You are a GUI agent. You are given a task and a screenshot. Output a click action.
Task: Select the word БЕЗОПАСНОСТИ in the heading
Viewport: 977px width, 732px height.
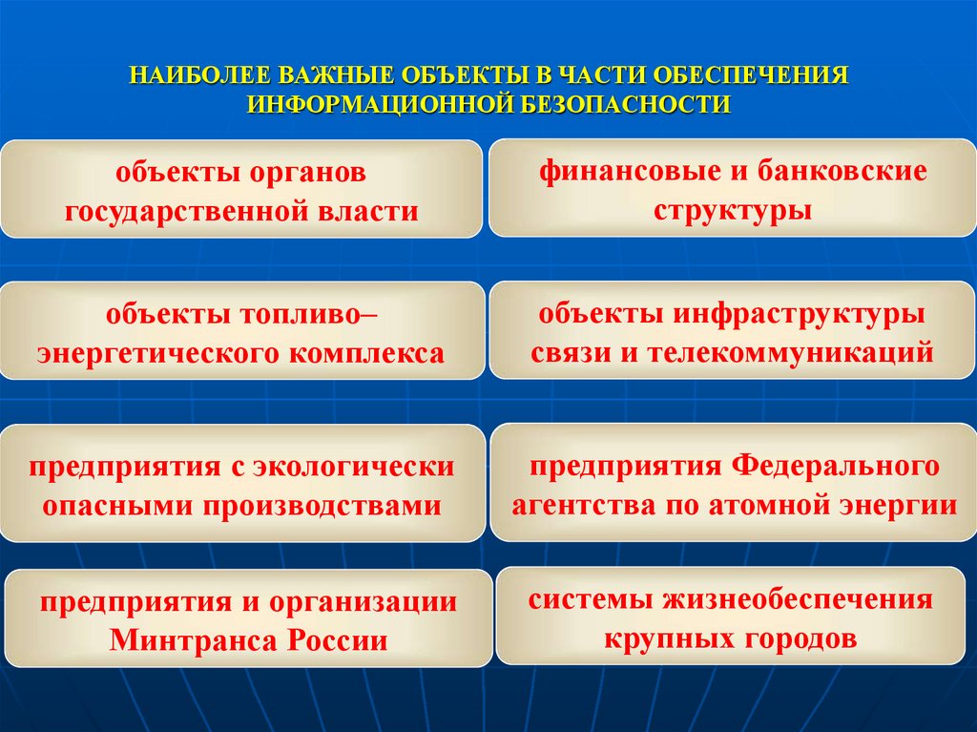click(x=624, y=103)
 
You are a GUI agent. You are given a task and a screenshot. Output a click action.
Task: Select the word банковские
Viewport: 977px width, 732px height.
click(x=843, y=173)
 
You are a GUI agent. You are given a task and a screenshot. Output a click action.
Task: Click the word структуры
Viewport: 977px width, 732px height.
click(x=733, y=209)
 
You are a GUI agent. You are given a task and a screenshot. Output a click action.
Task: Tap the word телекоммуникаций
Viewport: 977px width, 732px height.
click(x=790, y=351)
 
